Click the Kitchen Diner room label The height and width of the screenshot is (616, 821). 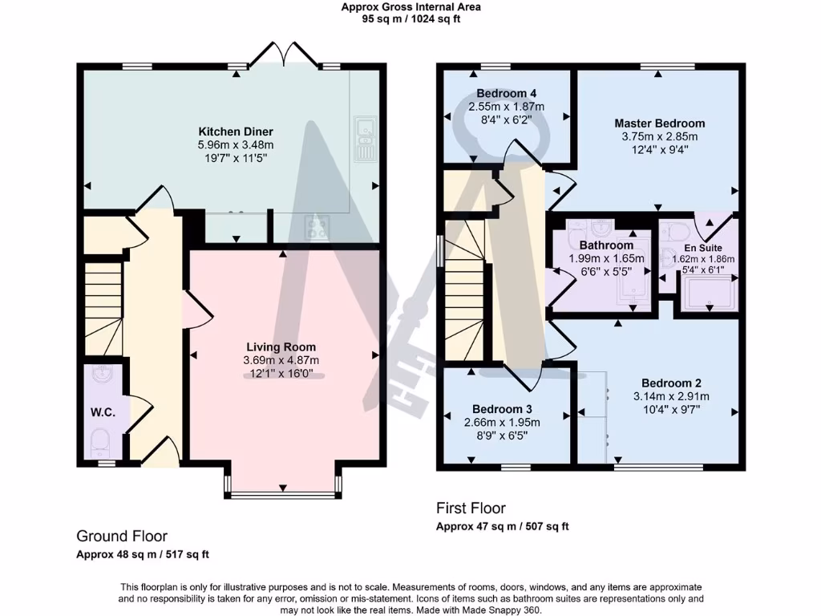point(236,132)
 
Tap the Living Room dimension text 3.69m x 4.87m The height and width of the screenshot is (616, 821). point(281,360)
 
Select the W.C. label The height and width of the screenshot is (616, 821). point(103,412)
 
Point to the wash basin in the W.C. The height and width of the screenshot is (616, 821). point(102,375)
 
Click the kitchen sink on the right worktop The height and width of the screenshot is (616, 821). point(364,137)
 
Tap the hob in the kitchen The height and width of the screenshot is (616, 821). point(316,229)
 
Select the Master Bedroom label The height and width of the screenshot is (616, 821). point(659,124)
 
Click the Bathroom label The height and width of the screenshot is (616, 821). point(607,245)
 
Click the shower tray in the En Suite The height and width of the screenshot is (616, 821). point(709,294)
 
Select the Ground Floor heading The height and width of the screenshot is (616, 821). point(121,536)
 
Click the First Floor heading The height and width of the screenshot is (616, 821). point(471,508)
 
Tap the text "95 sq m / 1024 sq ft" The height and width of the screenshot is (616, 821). point(410,19)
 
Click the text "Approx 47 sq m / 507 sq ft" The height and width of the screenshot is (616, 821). point(502,527)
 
